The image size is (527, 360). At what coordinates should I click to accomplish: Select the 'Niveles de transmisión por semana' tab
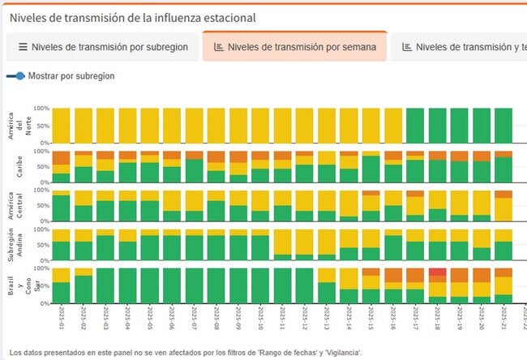tap(294, 47)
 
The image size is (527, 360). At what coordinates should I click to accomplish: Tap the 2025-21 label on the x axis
tap(503, 316)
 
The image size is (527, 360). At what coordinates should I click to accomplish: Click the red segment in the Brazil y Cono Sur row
tap(437, 272)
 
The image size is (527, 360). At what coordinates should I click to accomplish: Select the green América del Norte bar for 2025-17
tap(415, 125)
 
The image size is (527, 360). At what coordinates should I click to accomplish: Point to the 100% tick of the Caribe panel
tap(41, 152)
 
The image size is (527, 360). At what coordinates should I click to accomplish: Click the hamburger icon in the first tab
tap(23, 47)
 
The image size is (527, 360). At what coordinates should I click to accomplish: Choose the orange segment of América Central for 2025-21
tap(503, 194)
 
